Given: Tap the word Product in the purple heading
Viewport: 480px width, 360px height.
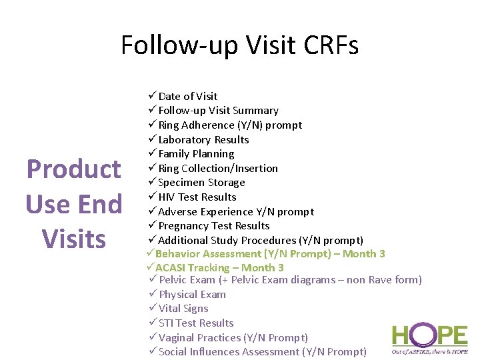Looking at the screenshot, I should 73,169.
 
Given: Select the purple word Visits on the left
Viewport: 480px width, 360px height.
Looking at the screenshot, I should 73,238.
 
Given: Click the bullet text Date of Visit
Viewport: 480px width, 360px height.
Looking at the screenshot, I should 187,96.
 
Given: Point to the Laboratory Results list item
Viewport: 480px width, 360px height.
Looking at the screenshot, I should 203,139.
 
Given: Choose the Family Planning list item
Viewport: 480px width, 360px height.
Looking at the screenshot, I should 196,153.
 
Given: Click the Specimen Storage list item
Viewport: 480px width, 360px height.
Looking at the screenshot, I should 201,182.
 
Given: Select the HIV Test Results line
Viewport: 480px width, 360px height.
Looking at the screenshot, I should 197,197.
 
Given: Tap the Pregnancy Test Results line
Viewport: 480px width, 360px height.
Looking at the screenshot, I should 213,225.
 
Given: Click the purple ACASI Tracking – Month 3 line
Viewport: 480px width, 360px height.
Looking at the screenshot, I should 219,267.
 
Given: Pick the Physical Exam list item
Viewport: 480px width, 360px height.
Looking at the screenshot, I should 192,294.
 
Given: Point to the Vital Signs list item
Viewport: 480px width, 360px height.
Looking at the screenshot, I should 183,308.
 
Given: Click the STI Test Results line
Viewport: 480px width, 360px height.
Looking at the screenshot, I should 196,323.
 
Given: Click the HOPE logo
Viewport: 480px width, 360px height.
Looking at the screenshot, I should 429,335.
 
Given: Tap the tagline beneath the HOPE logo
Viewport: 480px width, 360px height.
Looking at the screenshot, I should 429,351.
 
